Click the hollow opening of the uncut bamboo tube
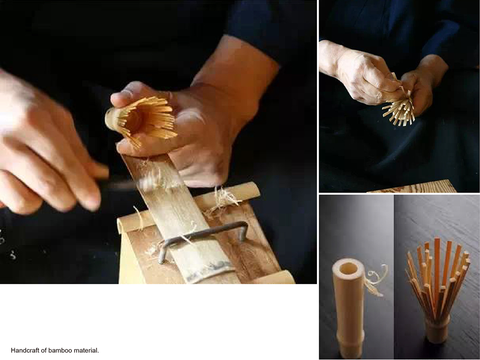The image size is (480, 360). pyautogui.click(x=348, y=269)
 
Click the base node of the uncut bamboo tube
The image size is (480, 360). pyautogui.click(x=351, y=338)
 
